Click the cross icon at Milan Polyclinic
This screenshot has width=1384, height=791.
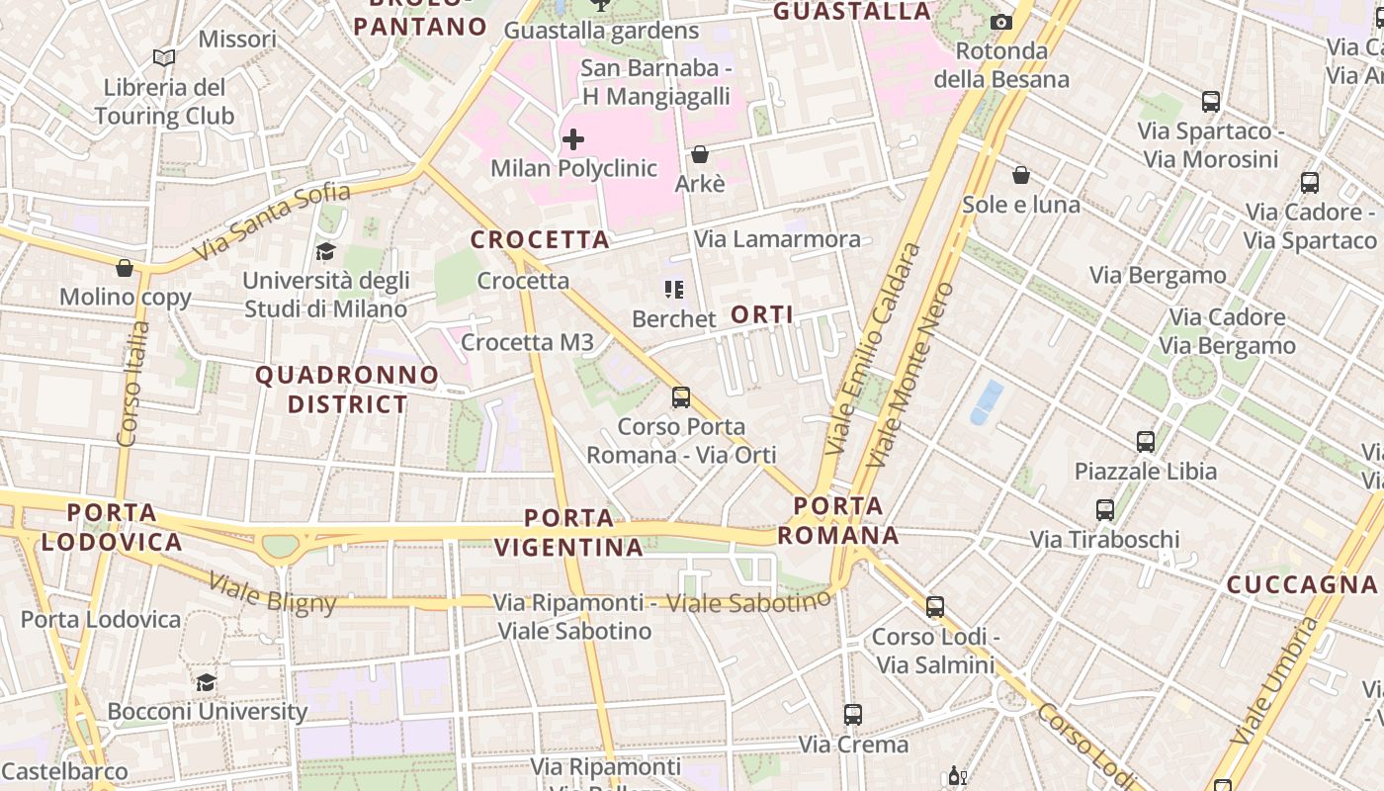(572, 139)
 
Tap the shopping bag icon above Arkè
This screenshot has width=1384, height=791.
(700, 154)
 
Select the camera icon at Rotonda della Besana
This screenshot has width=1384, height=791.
(1001, 22)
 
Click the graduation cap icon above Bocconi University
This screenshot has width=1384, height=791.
(206, 682)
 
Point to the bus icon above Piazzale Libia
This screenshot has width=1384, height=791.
(1146, 441)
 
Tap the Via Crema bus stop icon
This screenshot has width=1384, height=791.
(853, 714)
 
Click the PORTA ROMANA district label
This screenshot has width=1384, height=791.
(838, 521)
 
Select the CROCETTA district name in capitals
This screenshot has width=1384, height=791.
(540, 239)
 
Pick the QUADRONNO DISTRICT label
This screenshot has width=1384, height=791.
(347, 390)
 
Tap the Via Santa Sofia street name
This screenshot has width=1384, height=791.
(272, 221)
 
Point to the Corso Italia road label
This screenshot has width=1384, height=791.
(132, 384)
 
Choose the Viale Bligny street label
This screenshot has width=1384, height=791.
(273, 594)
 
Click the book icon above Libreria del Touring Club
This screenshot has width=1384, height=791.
(164, 58)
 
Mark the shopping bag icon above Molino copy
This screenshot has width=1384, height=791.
(125, 268)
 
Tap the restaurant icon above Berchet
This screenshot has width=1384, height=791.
(674, 290)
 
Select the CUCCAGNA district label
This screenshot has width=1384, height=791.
(1302, 584)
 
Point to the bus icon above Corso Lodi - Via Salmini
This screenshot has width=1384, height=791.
(935, 607)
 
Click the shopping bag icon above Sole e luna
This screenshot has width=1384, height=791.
(1021, 176)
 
